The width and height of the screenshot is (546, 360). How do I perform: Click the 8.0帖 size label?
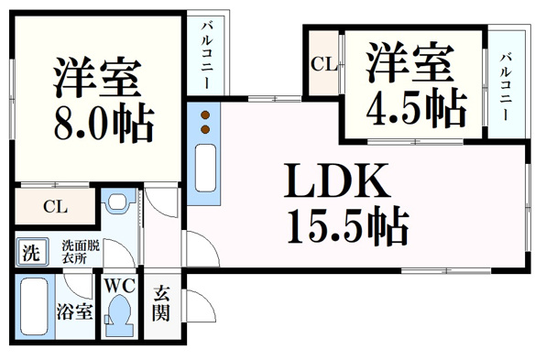coord(104,123)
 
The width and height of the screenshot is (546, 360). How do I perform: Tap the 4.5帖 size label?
coord(416,108)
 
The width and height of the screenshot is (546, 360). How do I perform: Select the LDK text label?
coord(337,180)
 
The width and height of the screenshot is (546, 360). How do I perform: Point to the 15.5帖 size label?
coord(348,226)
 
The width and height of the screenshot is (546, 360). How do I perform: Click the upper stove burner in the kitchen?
coord(205,115)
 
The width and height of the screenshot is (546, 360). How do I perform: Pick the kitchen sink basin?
coord(205,168)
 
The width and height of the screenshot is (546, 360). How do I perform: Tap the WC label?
coord(120,286)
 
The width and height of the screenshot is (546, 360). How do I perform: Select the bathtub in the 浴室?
coord(34,306)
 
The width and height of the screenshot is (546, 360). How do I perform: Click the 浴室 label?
coord(75,311)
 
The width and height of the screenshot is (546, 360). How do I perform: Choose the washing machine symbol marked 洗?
coord(32,252)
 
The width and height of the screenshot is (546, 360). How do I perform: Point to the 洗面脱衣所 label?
coord(81,252)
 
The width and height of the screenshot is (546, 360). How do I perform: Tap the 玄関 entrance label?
coord(161,303)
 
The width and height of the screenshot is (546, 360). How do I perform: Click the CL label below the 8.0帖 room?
coord(55,207)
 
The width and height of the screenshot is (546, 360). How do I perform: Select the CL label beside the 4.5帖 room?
coord(323,64)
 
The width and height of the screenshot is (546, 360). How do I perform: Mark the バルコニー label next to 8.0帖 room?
coord(208,55)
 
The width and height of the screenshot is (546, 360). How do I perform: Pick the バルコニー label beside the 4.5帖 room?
coord(506,87)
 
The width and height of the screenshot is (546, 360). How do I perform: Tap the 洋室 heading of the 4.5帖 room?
coord(410,62)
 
